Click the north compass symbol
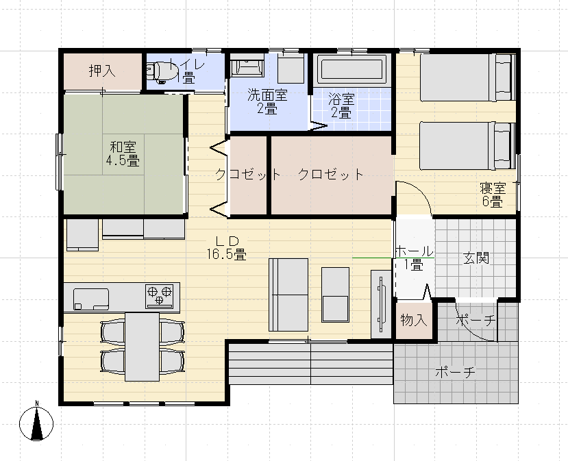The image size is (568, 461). pyautogui.click(x=38, y=423)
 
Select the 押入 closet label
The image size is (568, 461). pyautogui.click(x=102, y=70)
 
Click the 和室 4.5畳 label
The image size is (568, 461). pyautogui.click(x=123, y=153)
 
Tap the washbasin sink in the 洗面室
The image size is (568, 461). pyautogui.click(x=245, y=68)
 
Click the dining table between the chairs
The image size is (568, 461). pyautogui.click(x=142, y=345)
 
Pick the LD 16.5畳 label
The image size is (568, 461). pyautogui.click(x=226, y=247)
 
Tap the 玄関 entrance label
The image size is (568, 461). pyautogui.click(x=476, y=258)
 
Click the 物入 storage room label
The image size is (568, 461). pyautogui.click(x=413, y=320)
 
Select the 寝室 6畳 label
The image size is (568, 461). pyautogui.click(x=491, y=195)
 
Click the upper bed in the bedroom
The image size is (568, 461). pyautogui.click(x=466, y=77)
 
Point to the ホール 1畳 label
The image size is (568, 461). pyautogui.click(x=414, y=258)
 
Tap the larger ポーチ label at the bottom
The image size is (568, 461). pyautogui.click(x=455, y=373)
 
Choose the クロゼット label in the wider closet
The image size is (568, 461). pyautogui.click(x=331, y=174)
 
